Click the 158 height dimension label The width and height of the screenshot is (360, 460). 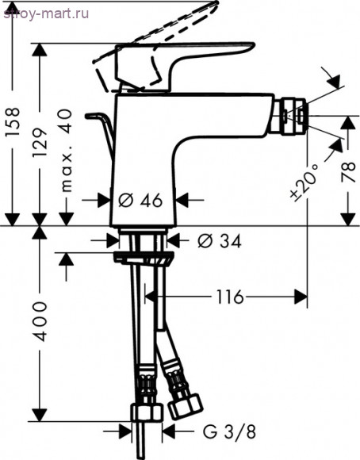13,122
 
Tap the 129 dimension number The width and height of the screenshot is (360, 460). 40,143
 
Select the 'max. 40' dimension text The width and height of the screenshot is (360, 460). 65,151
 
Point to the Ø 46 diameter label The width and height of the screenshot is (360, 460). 140,201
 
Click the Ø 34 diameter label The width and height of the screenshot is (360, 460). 219,241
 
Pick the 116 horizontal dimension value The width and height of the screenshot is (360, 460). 230,297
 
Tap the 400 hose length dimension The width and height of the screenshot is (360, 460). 40,321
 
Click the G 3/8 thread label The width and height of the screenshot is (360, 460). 229,431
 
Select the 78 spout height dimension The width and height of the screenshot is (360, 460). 348,172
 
